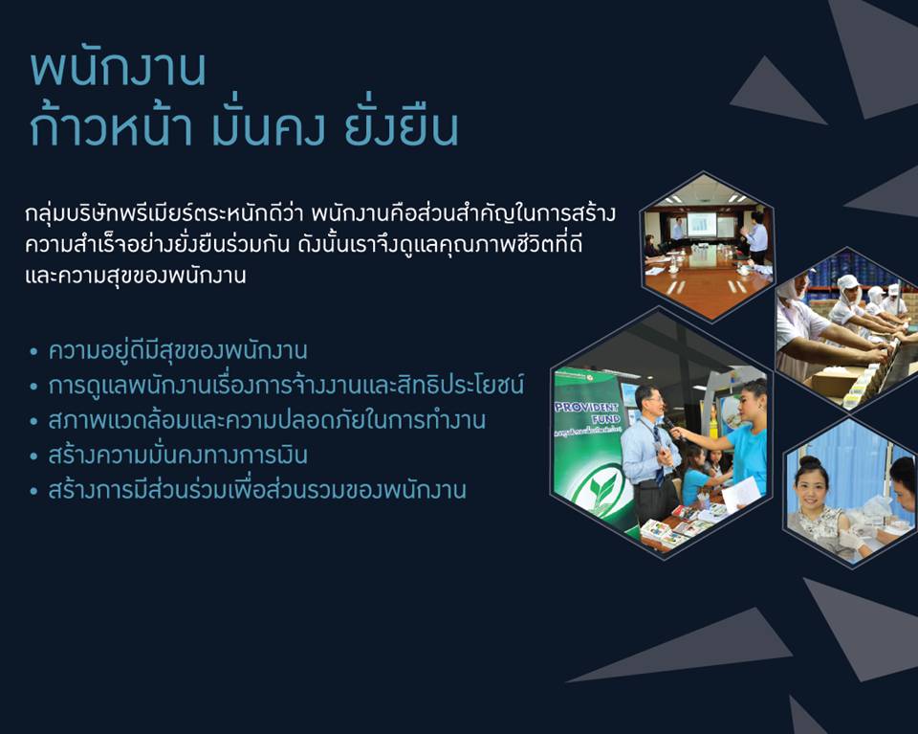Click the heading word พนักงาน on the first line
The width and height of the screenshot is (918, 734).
[119, 70]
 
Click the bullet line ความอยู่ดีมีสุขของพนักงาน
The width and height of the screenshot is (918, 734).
[178, 351]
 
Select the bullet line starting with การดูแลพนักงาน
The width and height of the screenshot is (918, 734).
[286, 386]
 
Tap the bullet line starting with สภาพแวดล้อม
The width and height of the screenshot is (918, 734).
[267, 420]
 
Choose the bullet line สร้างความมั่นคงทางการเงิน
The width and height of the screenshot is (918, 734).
[178, 456]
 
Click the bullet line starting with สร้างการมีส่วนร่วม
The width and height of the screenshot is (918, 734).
[257, 490]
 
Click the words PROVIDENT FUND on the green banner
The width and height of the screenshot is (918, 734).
[586, 412]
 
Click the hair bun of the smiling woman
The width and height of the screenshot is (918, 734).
[812, 462]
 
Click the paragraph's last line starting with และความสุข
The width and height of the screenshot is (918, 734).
[135, 275]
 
